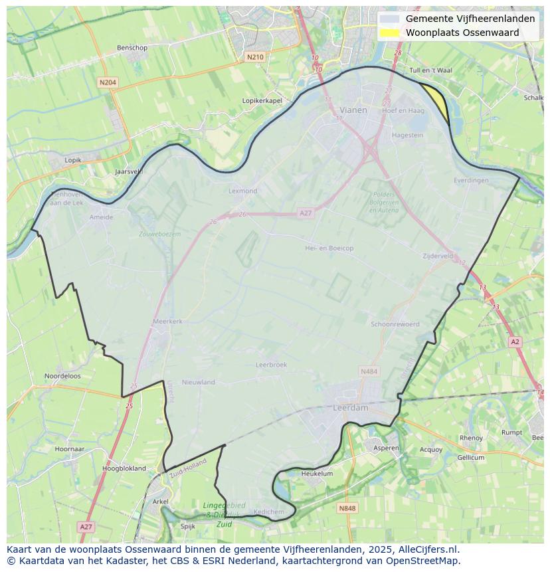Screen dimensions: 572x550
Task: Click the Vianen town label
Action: point(353,110)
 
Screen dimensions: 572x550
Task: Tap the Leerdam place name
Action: point(350,408)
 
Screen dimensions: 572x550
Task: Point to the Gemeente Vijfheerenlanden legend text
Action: point(470,19)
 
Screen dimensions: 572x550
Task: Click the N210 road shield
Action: point(254,57)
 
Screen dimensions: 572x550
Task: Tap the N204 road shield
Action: point(107,82)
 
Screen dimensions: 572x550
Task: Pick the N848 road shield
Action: point(347,508)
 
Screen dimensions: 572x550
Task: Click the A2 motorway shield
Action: point(515,341)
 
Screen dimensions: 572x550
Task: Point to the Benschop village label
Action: point(132,48)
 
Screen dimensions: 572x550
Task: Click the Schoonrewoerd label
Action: point(395,324)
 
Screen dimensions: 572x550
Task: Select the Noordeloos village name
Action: point(62,375)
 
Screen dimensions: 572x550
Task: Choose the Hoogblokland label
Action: point(124,468)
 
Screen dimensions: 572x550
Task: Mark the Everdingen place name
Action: point(471,180)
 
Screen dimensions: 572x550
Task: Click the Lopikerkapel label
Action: point(262,100)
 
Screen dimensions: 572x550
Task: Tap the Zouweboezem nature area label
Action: point(159,234)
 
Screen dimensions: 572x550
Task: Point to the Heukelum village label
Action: point(317,474)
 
